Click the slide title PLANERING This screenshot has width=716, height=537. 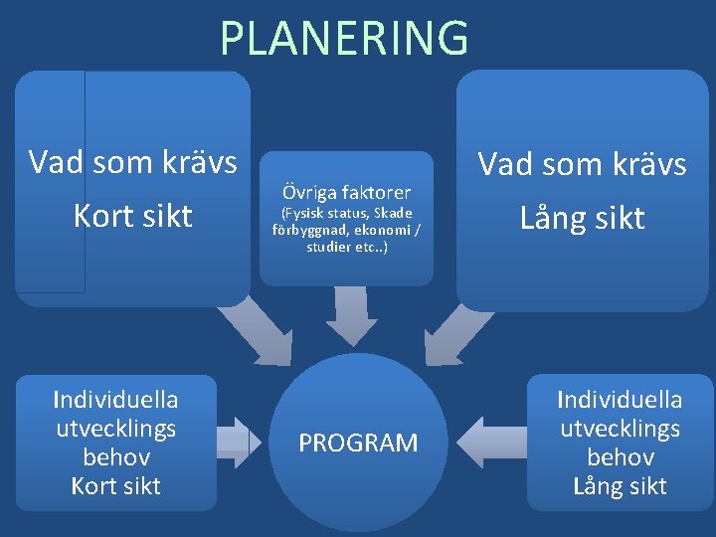tap(344, 38)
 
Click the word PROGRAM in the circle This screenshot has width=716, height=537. tap(358, 444)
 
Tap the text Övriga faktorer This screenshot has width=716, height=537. tap(346, 190)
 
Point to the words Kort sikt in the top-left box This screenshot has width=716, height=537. tap(132, 216)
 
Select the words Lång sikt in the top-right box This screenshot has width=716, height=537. tap(582, 217)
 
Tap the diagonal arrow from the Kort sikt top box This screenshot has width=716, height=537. tap(256, 330)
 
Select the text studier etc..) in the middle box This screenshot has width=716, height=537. tap(347, 247)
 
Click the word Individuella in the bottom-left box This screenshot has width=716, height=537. tap(115, 400)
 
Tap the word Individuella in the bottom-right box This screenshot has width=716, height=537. tap(620, 400)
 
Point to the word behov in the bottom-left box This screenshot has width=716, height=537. tap(116, 457)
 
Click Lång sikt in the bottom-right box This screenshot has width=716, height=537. tap(620, 486)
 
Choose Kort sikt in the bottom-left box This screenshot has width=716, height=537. tap(115, 486)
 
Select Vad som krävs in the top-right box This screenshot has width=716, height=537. tap(582, 164)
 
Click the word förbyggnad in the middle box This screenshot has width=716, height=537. tap(304, 231)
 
